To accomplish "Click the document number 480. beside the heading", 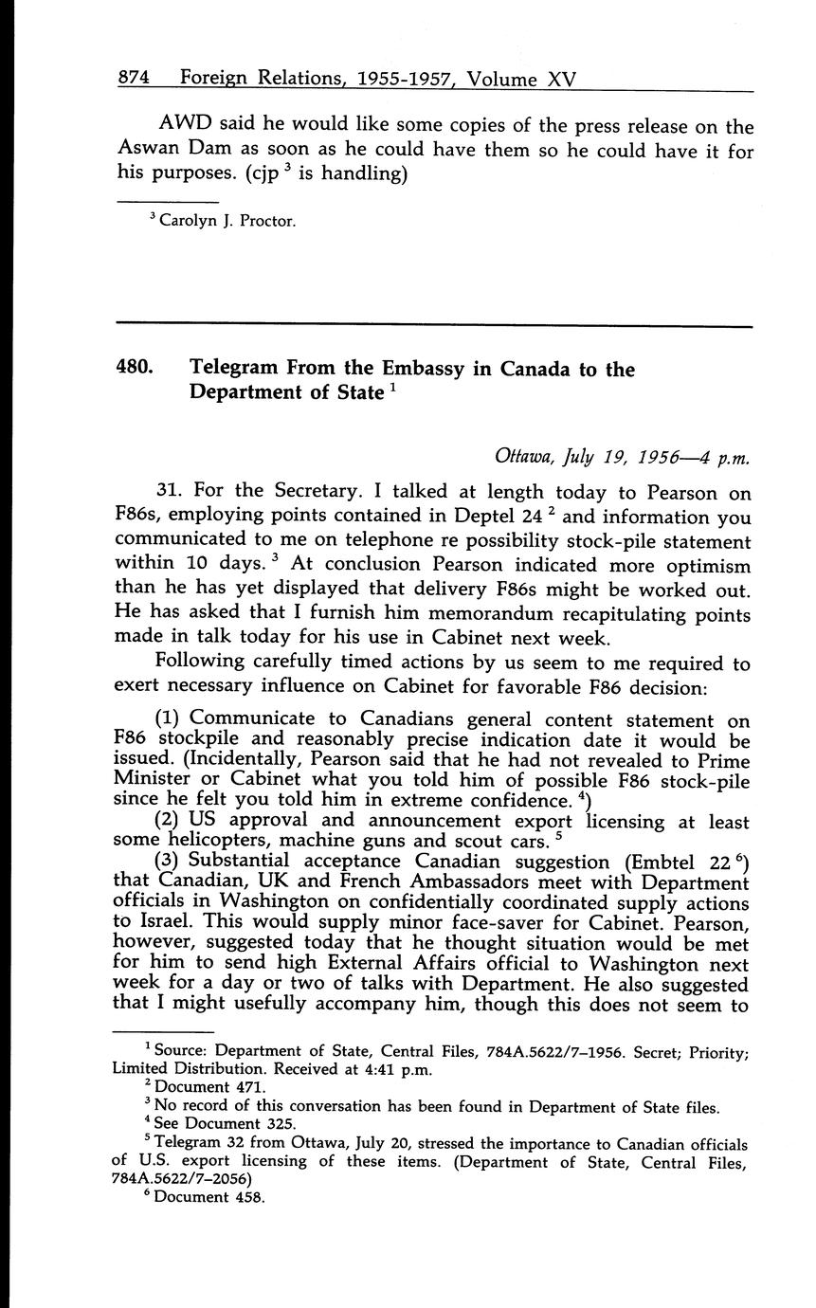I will [136, 369].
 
